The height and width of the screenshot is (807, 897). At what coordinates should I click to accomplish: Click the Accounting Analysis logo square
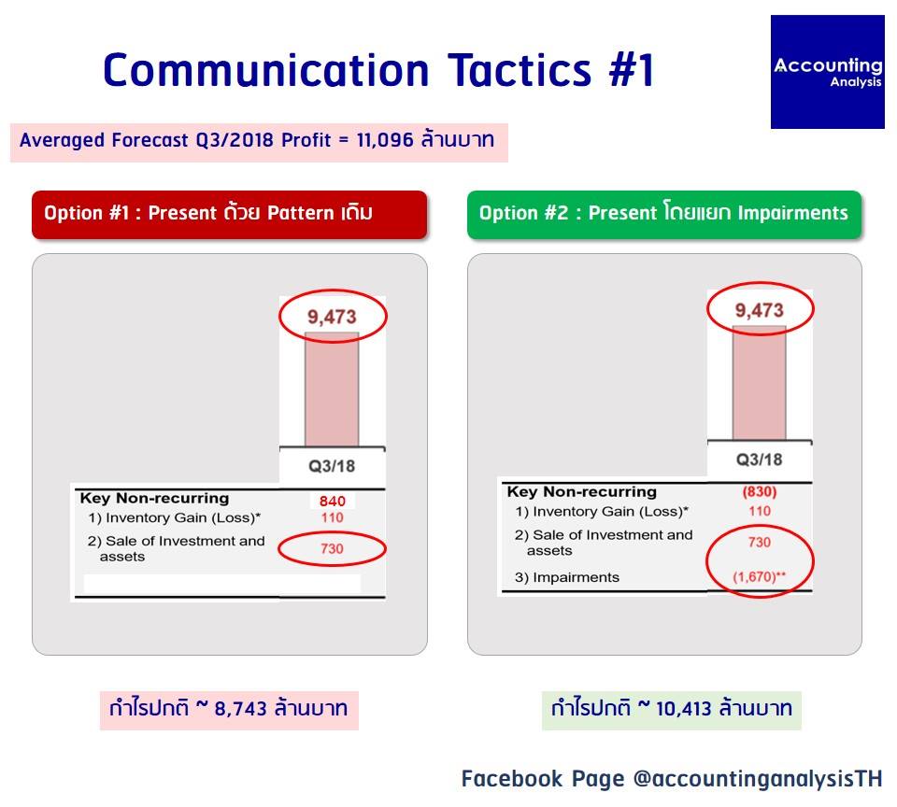pos(827,72)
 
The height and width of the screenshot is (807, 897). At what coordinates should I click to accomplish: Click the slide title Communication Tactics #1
pos(378,70)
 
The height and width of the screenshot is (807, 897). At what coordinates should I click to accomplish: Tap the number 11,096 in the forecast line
pos(384,140)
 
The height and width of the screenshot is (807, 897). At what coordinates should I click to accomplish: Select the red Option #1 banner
pos(230,215)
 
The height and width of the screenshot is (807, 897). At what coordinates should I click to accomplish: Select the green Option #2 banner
pos(664,215)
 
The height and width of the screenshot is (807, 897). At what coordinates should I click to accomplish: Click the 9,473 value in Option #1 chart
pos(332,317)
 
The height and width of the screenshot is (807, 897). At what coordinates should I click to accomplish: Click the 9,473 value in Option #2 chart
pos(759,310)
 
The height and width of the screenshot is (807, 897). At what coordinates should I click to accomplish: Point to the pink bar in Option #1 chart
pos(332,389)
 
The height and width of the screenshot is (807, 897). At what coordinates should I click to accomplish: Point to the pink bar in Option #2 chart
pos(759,383)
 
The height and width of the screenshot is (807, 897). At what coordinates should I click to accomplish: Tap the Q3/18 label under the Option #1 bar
pos(332,466)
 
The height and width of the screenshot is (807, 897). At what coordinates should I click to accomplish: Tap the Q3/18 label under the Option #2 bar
pos(759,460)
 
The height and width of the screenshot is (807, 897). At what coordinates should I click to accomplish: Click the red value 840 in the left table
pos(333,501)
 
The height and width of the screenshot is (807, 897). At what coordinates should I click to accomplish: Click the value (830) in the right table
pos(759,492)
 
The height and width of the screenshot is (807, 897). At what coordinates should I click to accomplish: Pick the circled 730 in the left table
pos(332,548)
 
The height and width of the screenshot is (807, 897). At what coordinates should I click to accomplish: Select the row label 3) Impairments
pos(567,577)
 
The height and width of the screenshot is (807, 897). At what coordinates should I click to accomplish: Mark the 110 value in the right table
pos(760,511)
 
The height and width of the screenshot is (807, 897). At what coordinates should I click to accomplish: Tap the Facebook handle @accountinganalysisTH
pos(758,779)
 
